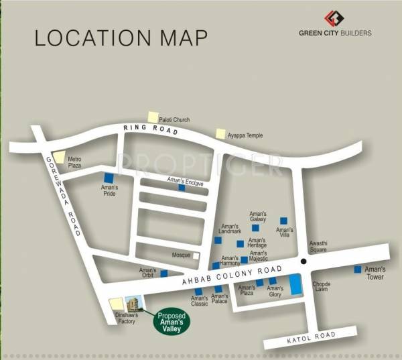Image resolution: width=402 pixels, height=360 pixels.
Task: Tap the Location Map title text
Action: pyautogui.click(x=121, y=37)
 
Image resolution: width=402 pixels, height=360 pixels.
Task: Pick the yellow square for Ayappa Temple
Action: pyautogui.click(x=220, y=134)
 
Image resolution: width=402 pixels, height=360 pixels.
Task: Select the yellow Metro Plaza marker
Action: pyautogui.click(x=60, y=158)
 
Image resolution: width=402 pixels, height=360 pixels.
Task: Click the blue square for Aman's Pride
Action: pyautogui.click(x=109, y=178)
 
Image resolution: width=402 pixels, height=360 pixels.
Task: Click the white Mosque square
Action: pyautogui.click(x=196, y=255)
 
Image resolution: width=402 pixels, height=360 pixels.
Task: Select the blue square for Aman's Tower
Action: pyautogui.click(x=357, y=269)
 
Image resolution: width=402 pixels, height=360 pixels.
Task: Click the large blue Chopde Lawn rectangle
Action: pyautogui.click(x=296, y=284)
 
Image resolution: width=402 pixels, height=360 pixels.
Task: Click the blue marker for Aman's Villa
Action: pyautogui.click(x=283, y=221)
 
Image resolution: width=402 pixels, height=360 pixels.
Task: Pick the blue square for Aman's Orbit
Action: pyautogui.click(x=163, y=274)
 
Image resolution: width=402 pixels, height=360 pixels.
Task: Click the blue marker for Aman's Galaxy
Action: pyautogui.click(x=255, y=229)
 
